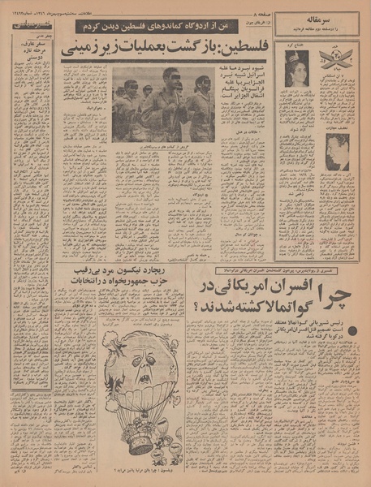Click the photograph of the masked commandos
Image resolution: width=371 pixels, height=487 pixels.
click(163, 102)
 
